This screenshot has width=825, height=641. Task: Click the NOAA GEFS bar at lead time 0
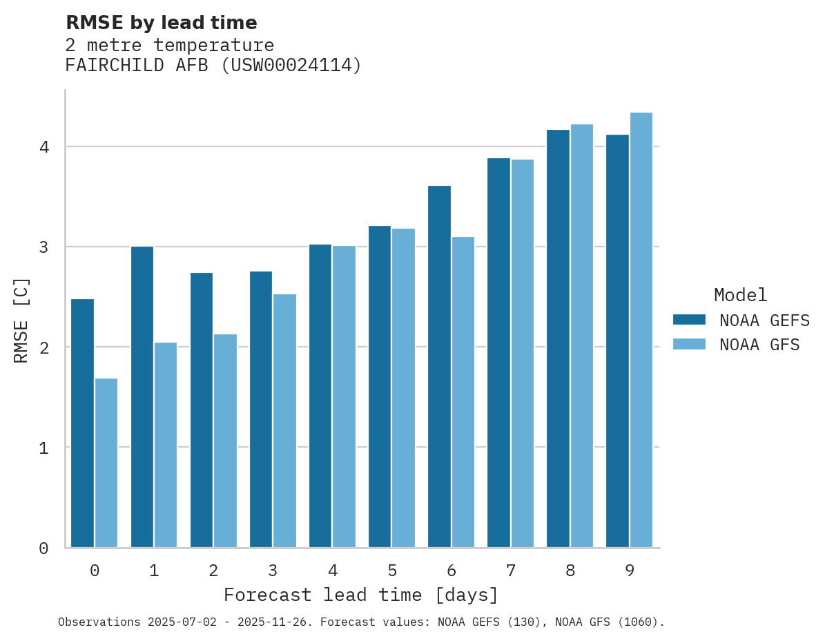82,423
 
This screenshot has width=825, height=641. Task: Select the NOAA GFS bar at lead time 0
106,463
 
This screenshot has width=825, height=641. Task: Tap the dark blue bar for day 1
142,396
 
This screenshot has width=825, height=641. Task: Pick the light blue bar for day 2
225,441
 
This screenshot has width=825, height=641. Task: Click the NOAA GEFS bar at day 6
439,366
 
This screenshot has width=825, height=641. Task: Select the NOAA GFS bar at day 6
463,392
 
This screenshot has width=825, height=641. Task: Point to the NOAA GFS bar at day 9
641,329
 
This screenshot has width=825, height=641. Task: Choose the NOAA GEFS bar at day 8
558,338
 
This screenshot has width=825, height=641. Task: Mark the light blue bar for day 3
284,421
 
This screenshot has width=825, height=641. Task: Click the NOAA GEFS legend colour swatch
689,320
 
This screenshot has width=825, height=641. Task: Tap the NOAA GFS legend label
759,345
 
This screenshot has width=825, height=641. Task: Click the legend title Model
740,296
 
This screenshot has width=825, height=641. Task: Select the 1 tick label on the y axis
43,448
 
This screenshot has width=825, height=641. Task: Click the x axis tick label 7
510,571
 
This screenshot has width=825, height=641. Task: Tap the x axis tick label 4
332,571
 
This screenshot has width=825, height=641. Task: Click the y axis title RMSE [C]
21,320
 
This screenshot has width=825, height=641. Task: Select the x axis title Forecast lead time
360,595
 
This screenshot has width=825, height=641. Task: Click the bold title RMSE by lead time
161,23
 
